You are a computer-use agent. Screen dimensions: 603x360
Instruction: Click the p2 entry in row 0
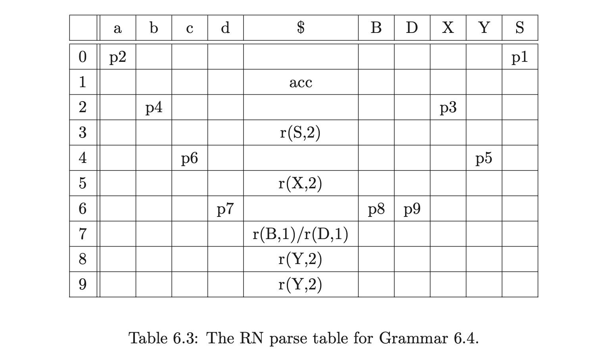click(118, 57)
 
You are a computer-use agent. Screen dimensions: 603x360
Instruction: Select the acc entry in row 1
click(301, 82)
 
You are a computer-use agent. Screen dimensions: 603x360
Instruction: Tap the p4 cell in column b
click(154, 108)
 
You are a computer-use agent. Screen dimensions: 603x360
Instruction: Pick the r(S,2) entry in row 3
click(300, 133)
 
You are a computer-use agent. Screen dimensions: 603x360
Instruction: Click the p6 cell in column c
click(190, 158)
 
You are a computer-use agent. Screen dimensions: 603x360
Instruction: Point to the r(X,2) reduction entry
click(300, 184)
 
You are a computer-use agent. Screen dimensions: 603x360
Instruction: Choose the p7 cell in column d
click(225, 209)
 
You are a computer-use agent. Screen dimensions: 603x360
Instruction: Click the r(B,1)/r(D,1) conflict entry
click(300, 234)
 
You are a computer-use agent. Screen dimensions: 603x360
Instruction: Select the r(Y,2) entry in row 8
click(300, 259)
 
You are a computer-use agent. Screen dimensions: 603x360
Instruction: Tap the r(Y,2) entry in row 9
click(300, 284)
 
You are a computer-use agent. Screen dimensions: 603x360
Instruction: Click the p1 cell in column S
click(520, 57)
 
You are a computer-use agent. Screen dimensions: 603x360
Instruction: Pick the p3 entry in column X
click(448, 108)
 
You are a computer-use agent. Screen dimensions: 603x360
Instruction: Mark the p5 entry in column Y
click(484, 158)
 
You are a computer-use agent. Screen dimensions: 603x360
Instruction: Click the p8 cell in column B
click(376, 209)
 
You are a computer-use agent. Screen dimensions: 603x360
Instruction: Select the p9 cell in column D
click(412, 209)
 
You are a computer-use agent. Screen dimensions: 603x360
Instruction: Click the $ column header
click(301, 27)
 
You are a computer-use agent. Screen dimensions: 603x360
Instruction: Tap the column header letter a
click(118, 29)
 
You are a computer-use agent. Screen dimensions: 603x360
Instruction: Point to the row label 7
click(83, 234)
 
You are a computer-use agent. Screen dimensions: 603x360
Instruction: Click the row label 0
click(83, 57)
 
